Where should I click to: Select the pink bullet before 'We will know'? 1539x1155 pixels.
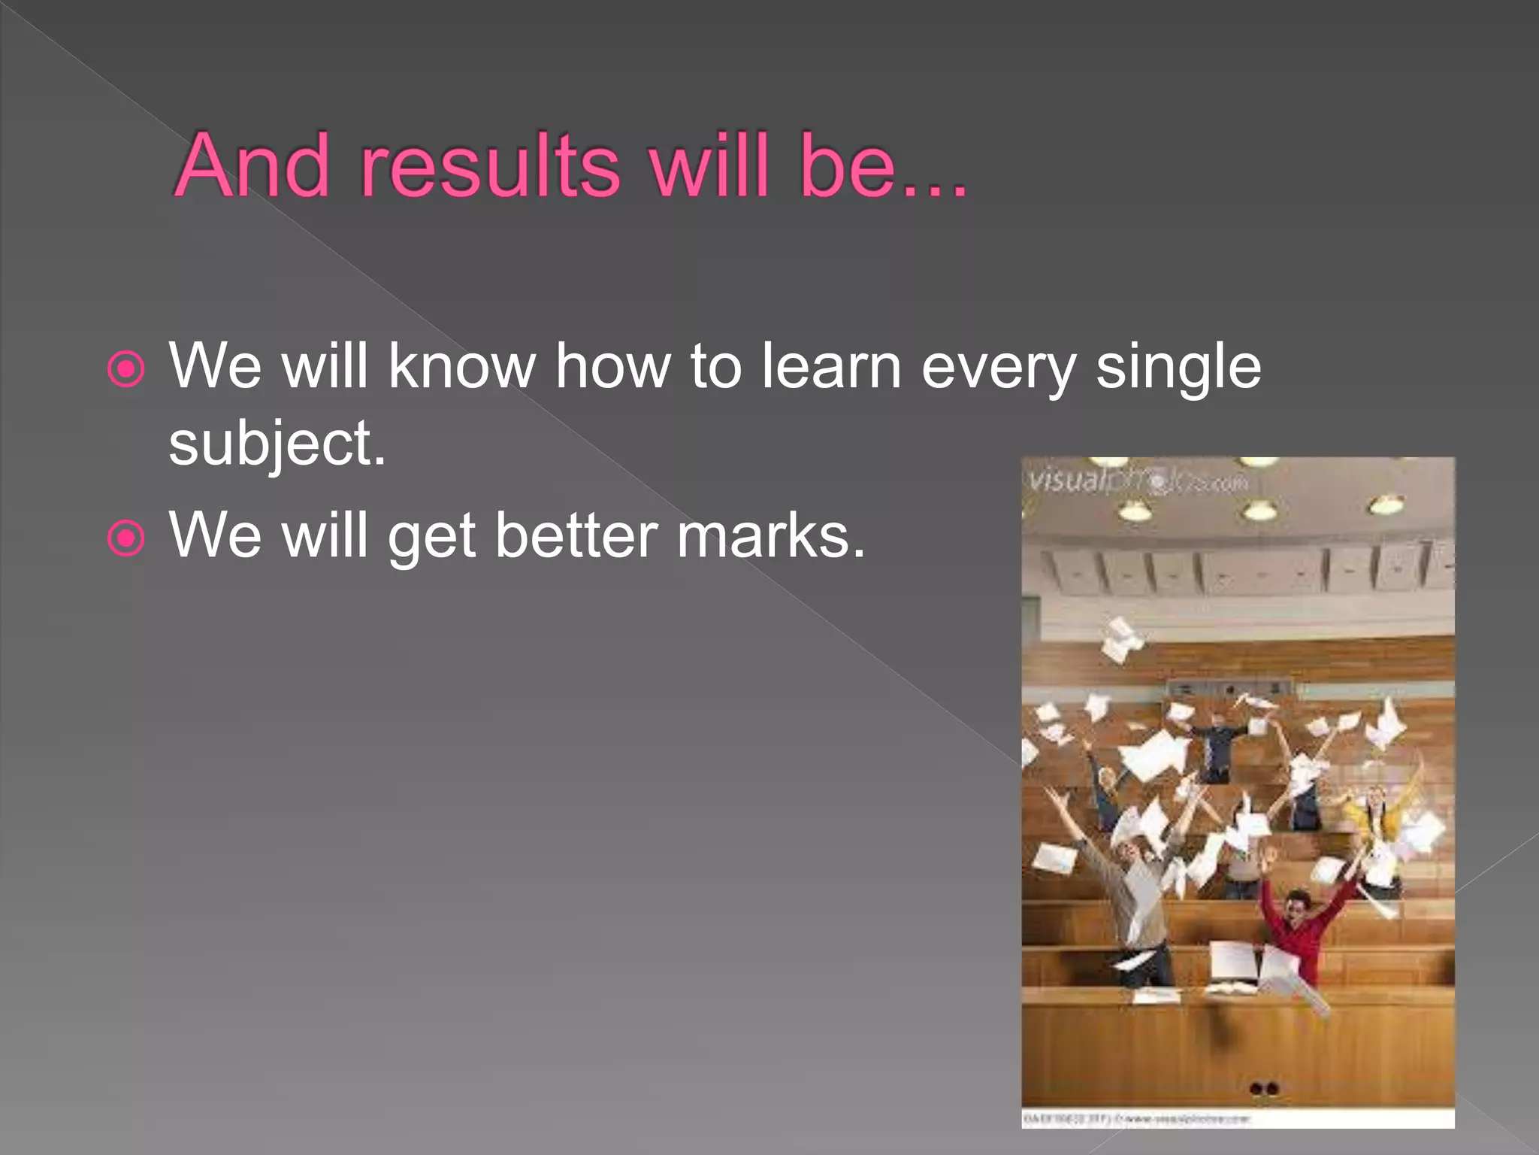pos(125,368)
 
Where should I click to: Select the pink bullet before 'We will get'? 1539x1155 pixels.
pos(125,538)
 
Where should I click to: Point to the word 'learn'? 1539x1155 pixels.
pos(830,366)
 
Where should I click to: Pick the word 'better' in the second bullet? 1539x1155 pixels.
pos(576,535)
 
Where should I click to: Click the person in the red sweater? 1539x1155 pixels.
pos(1296,932)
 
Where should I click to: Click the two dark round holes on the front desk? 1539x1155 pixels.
pos(1263,1089)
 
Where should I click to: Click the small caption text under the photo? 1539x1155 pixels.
pos(1135,1119)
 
